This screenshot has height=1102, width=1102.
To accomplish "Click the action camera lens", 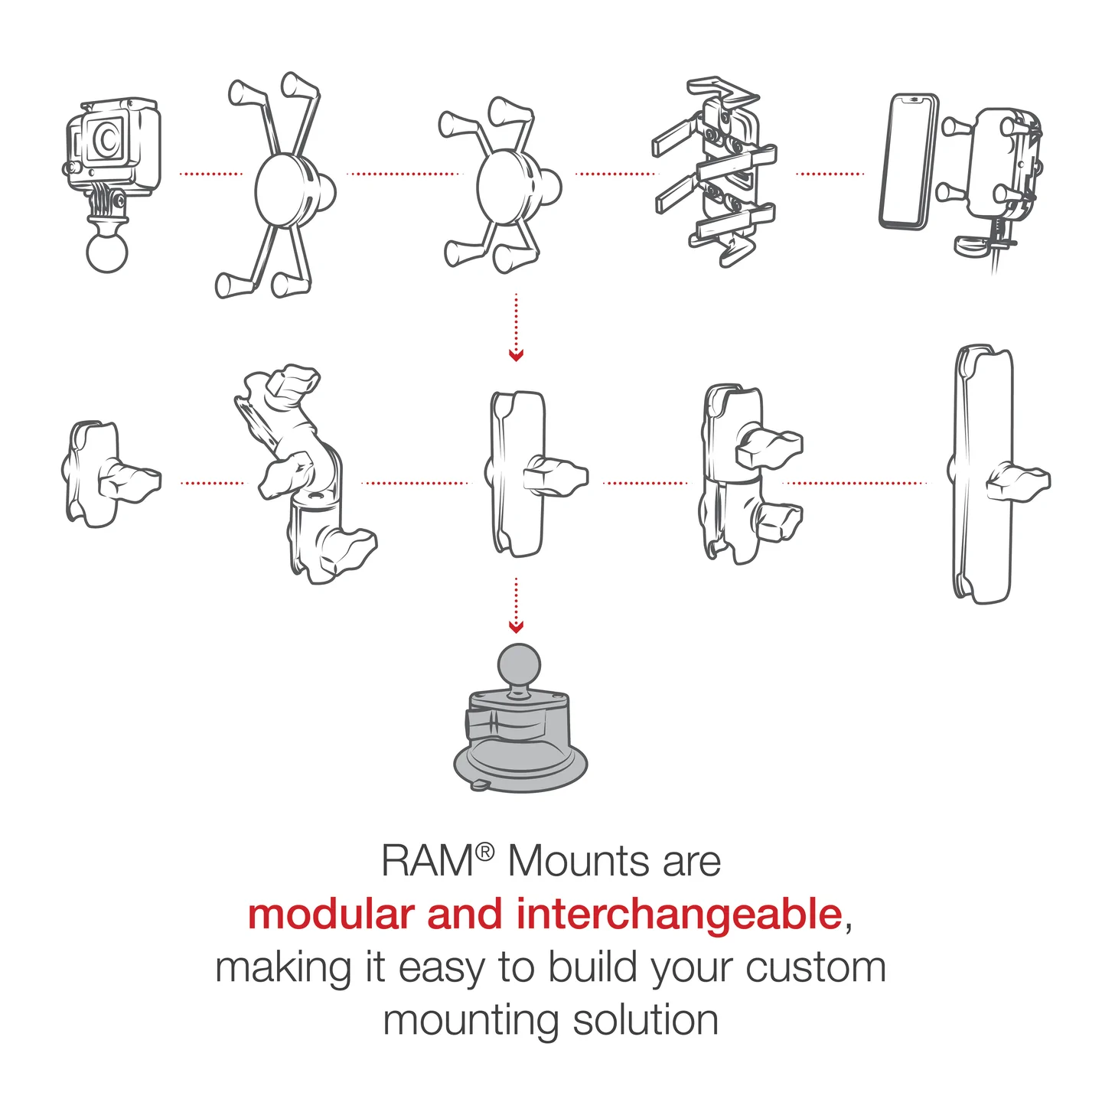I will coord(108,139).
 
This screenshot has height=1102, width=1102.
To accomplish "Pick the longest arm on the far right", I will coord(984,474).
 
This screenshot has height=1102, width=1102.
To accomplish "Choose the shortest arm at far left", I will coord(93,474).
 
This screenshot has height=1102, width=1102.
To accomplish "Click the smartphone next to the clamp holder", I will coord(910,161).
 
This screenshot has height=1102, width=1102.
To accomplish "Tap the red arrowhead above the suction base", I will coord(517,628).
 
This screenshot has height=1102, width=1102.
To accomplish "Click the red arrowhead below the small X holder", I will coord(517,356).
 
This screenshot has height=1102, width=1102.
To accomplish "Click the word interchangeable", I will coord(679,915).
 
